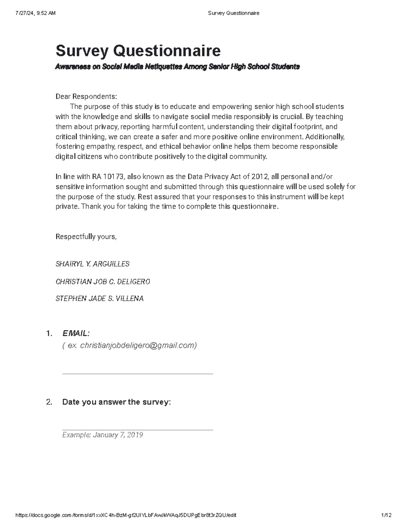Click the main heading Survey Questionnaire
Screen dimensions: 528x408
click(138, 51)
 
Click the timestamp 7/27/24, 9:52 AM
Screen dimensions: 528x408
click(35, 13)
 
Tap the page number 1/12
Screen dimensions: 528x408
click(387, 515)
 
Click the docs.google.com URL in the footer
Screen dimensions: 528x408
click(126, 515)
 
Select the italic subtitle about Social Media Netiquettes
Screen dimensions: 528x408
click(177, 67)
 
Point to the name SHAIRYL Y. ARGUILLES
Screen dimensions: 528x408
click(92, 264)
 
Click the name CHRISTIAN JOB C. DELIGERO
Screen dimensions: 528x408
click(103, 282)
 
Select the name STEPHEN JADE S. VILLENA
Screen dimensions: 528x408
click(100, 299)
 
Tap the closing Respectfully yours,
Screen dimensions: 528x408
click(86, 237)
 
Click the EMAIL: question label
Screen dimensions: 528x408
click(76, 333)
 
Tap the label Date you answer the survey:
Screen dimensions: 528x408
click(116, 402)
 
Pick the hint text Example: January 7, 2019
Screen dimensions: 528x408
click(102, 435)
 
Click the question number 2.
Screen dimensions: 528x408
click(49, 402)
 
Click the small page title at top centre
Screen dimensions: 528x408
click(233, 13)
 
